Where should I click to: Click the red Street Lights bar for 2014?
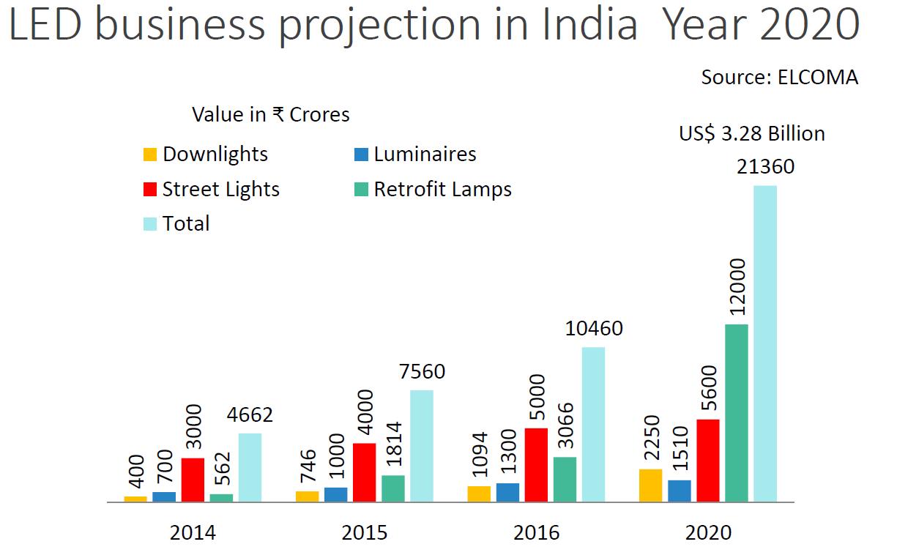coord(193,480)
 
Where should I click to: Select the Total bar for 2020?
coord(765,344)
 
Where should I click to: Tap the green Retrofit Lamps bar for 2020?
coord(737,413)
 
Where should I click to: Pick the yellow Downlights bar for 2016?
coord(479,494)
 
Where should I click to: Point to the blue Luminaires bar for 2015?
coord(335,495)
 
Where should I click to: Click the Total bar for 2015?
coord(422,446)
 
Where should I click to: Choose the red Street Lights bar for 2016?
coord(536,465)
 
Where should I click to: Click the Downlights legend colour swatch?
coord(150,155)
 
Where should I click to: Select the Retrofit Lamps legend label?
coord(442,190)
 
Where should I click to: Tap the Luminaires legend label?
coord(425,155)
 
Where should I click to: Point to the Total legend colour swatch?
coord(150,224)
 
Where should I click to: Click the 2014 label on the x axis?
coord(193,532)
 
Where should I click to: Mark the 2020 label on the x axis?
coord(708,532)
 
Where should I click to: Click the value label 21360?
coord(765,167)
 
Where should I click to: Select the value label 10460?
coord(594,328)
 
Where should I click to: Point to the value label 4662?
coord(250,415)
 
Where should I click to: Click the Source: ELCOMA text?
coord(779,77)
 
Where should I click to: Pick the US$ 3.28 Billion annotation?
coord(751,134)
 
